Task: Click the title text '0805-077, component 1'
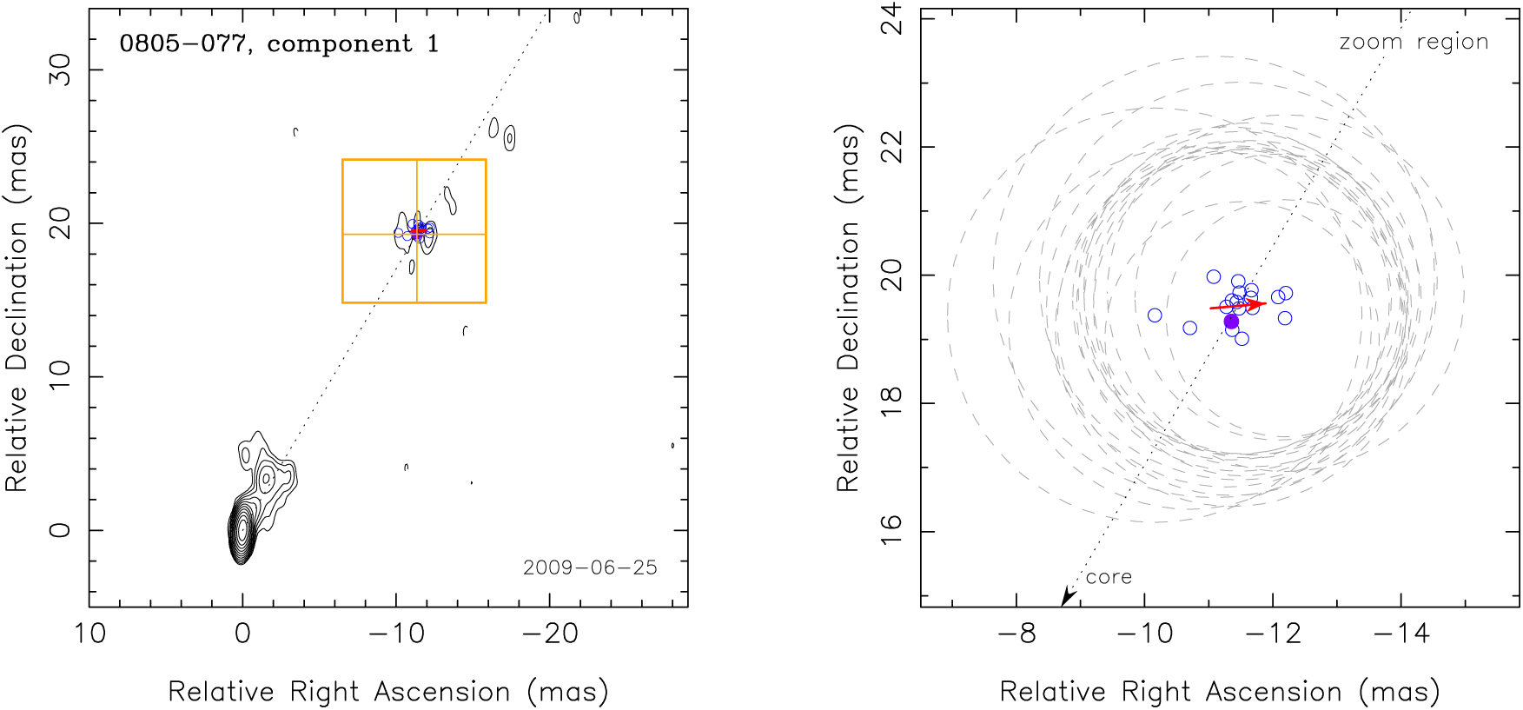(279, 43)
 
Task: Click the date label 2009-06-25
(590, 567)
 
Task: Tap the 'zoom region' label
(1414, 42)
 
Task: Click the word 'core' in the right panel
(1109, 577)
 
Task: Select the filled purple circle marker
(1231, 322)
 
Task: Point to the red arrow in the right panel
(1238, 305)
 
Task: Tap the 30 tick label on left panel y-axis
(59, 70)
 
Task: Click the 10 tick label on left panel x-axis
(89, 634)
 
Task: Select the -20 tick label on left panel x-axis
(549, 634)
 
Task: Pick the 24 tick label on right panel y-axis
(891, 19)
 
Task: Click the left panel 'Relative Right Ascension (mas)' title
(388, 692)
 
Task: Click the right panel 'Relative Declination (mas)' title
(848, 309)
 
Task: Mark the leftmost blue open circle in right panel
(1155, 315)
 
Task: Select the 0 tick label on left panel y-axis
(59, 530)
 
